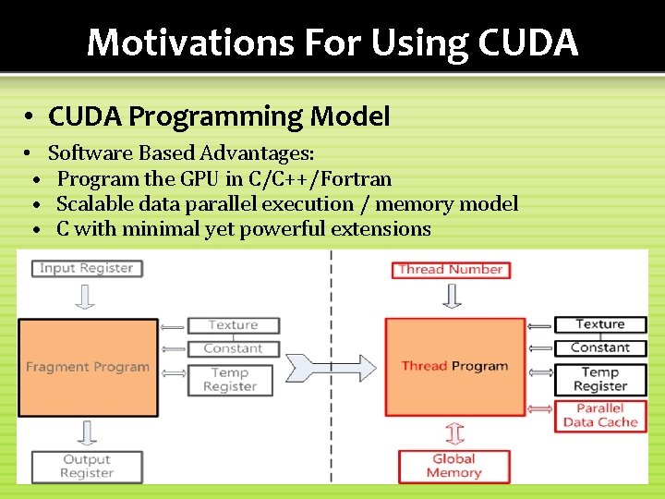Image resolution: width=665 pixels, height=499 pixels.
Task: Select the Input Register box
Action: pos(86,268)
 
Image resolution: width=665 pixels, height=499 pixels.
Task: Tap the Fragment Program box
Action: pos(87,366)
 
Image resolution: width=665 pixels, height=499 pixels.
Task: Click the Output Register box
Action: pos(86,466)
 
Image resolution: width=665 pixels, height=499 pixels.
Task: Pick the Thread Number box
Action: pos(451,269)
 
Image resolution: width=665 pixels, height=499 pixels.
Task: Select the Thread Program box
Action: pos(454,366)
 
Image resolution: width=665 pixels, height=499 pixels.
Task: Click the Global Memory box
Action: pos(453,466)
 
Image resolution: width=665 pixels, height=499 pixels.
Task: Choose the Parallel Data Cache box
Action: pos(600,415)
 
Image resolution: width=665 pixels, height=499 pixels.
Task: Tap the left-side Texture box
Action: pos(233,325)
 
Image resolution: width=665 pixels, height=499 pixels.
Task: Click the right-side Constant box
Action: pos(600,347)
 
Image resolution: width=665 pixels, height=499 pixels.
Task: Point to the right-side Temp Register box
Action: pos(600,379)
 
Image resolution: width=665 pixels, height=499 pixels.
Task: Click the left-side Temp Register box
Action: pos(230,380)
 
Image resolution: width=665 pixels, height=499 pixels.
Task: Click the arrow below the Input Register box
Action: pos(85,297)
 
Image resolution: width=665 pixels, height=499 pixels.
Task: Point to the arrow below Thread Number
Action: pos(453,297)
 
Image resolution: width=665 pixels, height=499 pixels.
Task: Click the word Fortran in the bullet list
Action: pos(356,178)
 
